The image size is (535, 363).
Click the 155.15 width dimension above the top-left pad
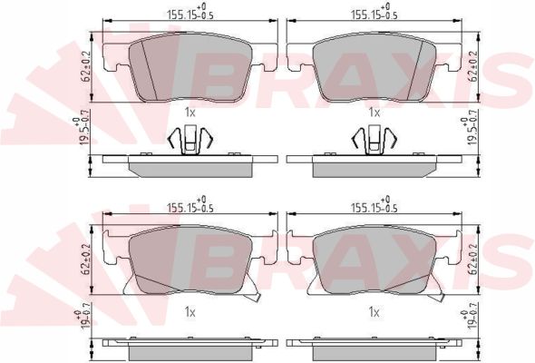190,13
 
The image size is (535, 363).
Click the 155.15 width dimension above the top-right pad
374,13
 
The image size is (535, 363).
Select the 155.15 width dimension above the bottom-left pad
190,205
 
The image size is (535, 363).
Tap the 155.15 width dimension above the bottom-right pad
374,205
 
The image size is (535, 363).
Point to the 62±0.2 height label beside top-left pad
85,66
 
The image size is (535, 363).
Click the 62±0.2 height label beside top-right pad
473,66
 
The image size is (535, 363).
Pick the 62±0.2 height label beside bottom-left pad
85,260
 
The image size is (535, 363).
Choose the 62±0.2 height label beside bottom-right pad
473,260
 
